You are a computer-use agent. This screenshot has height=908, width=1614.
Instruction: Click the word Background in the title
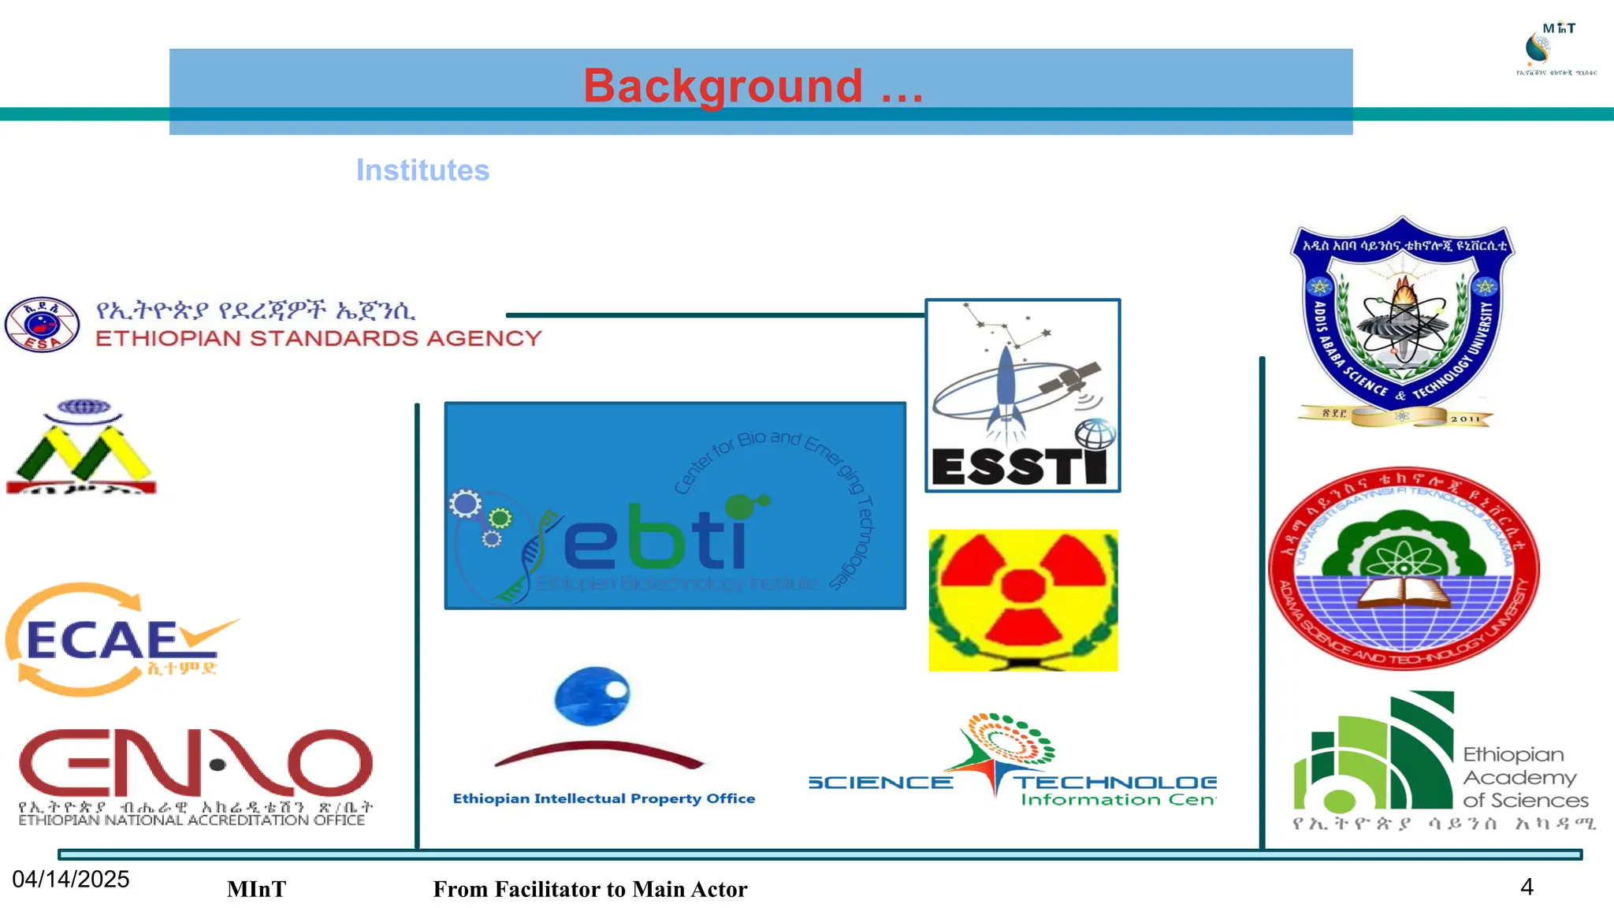(x=723, y=86)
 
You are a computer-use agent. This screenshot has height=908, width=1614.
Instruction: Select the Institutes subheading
(x=422, y=170)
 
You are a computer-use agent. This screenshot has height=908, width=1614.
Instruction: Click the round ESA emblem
(x=43, y=324)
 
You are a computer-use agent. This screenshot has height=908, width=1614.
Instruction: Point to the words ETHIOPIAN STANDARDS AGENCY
(x=318, y=339)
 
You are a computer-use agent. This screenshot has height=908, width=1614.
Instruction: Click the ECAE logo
(x=118, y=640)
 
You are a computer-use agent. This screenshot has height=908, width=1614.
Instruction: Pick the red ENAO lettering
(x=195, y=763)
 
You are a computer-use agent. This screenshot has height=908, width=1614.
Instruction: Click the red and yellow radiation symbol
(x=1023, y=600)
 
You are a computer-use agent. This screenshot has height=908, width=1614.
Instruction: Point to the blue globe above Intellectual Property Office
(x=593, y=695)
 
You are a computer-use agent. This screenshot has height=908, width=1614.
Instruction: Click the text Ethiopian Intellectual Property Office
(x=604, y=798)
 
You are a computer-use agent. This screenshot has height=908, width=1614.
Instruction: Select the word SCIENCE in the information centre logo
(x=880, y=783)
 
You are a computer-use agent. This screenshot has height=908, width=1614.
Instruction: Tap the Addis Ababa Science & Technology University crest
(x=1403, y=323)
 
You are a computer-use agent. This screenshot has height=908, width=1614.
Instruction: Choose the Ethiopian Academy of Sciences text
(x=1524, y=778)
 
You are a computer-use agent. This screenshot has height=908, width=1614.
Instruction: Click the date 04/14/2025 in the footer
(x=71, y=880)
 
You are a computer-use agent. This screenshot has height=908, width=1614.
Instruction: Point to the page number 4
(x=1527, y=888)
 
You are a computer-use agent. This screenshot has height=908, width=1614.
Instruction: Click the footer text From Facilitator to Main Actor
(x=589, y=889)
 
